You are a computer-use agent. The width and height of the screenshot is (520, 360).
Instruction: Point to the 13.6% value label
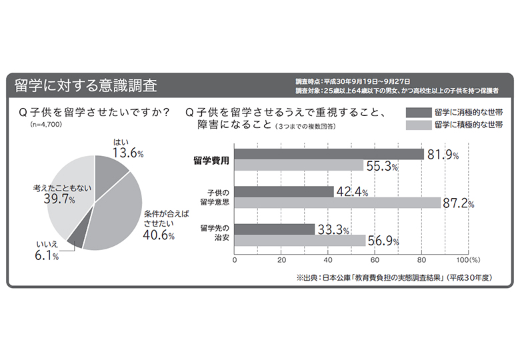128,153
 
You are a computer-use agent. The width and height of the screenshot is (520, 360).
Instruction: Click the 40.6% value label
159,235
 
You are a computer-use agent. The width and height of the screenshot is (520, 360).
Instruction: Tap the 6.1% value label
46,257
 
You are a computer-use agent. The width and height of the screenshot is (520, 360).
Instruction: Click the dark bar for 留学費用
329,154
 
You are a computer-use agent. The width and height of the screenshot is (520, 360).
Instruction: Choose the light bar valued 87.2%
337,203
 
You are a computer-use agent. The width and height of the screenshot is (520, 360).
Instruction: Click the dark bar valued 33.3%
274,229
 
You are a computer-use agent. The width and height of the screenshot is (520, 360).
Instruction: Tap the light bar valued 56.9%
301,241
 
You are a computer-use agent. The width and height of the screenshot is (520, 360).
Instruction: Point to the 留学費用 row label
211,159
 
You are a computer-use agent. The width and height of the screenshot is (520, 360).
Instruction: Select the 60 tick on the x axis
375,260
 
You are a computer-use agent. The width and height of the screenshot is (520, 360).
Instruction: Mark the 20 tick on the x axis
281,260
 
